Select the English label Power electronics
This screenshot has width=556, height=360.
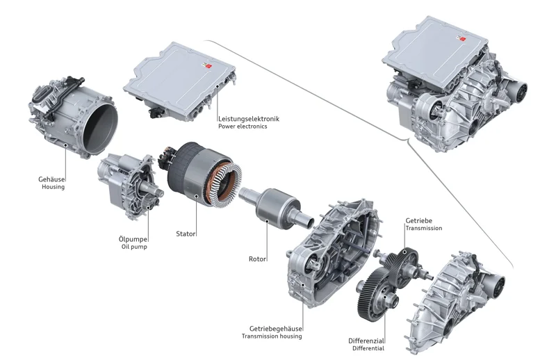(243, 126)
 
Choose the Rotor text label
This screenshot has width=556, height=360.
(258, 259)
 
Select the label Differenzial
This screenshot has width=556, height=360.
(366, 341)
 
